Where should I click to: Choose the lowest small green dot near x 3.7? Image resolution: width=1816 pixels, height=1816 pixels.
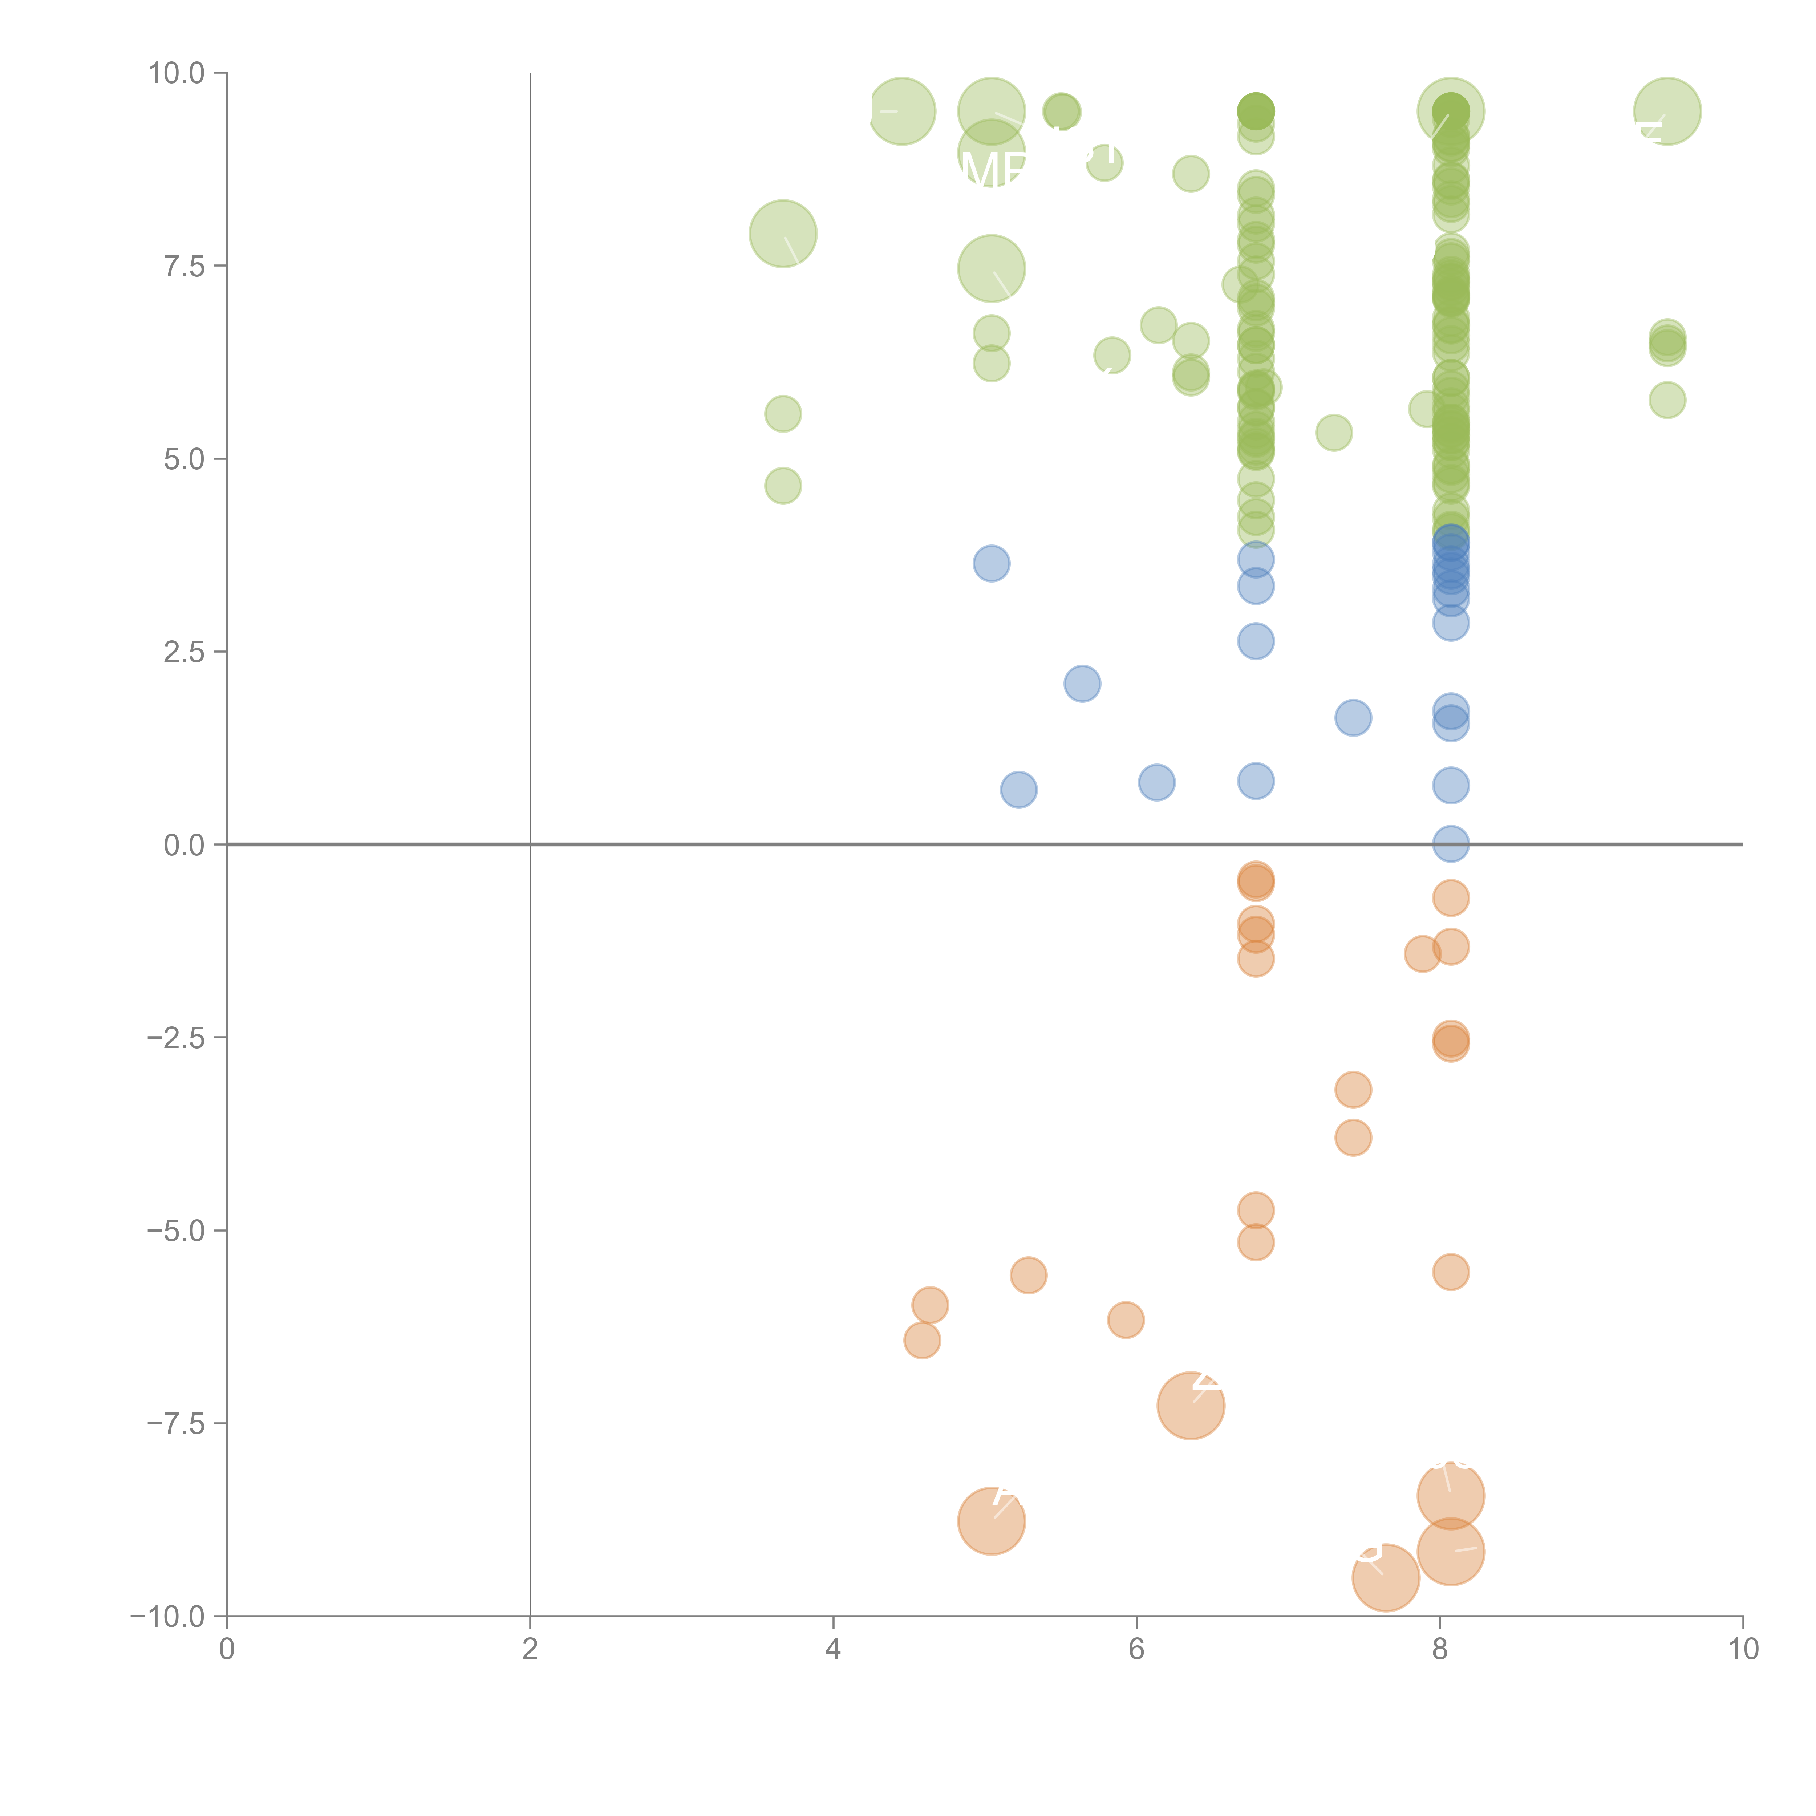coord(783,486)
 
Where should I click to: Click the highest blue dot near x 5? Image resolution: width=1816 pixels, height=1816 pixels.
coord(992,564)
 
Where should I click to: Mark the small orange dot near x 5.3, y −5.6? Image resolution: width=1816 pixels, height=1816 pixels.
coord(1028,1276)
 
